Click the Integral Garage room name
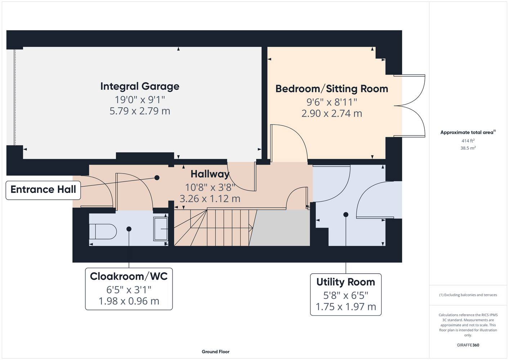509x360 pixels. coord(140,86)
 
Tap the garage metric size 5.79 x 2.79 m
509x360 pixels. coord(140,111)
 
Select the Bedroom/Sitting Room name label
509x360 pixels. coord(332,89)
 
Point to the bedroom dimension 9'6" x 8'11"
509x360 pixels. coord(332,102)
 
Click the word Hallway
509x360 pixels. coord(210,174)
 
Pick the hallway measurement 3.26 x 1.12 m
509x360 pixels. coord(210,199)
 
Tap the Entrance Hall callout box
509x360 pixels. coord(43,190)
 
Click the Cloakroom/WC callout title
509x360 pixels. coord(129,276)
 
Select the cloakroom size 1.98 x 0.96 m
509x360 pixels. coord(129,301)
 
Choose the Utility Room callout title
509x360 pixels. coord(345,282)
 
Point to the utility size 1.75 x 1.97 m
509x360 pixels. coord(346,307)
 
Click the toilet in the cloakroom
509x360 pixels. coord(103,231)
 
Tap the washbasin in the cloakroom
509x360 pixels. coord(161,229)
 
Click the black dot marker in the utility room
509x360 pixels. coord(346,215)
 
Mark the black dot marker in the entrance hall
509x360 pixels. coord(157,177)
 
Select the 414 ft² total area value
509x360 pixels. coord(468,141)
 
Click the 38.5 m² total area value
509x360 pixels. coord(468,148)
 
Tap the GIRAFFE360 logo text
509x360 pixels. coord(468,345)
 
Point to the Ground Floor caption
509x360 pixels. coord(216,352)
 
